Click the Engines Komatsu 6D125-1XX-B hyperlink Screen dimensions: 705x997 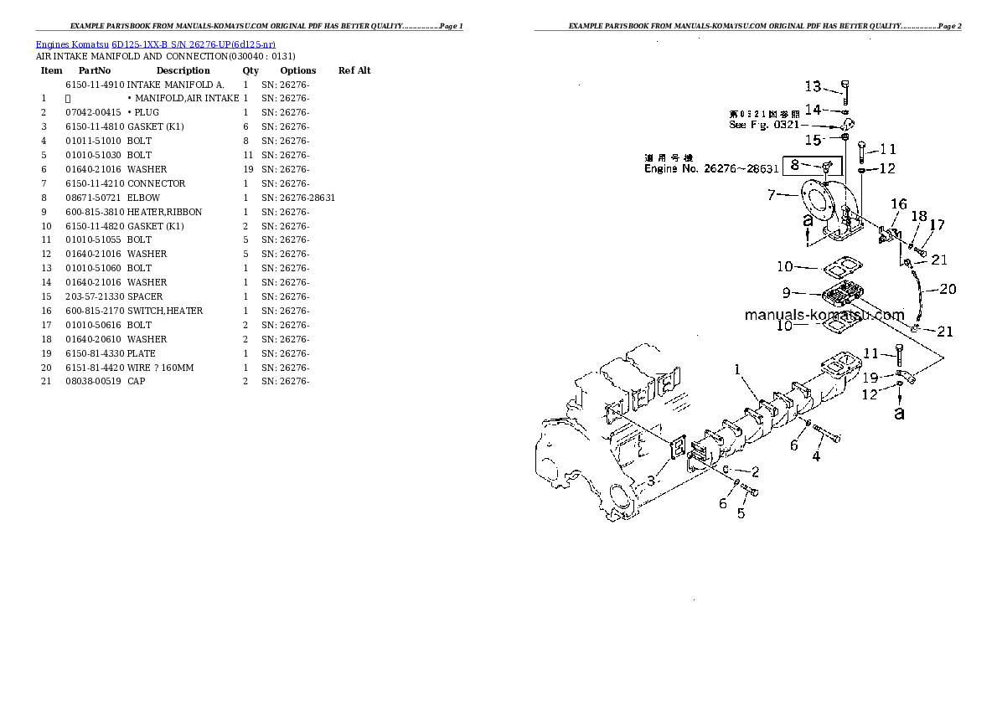(156, 44)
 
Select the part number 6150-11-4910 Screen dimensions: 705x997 (94, 85)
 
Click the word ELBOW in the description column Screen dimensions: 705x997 (143, 198)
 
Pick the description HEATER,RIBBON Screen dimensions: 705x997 (164, 212)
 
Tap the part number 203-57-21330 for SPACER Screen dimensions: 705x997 (95, 296)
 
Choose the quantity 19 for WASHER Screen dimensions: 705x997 (245, 169)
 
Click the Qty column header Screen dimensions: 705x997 (251, 71)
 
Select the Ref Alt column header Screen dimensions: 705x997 (354, 71)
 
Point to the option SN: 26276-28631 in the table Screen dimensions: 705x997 (297, 198)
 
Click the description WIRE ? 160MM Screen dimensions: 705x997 (160, 368)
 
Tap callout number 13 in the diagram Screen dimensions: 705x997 (814, 86)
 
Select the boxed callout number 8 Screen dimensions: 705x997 (795, 166)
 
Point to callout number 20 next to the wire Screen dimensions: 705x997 (947, 290)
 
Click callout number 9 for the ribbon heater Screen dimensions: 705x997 (787, 293)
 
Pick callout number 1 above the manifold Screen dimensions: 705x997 (737, 369)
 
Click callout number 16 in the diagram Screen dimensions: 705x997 (898, 203)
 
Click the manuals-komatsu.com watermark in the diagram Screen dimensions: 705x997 (824, 316)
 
